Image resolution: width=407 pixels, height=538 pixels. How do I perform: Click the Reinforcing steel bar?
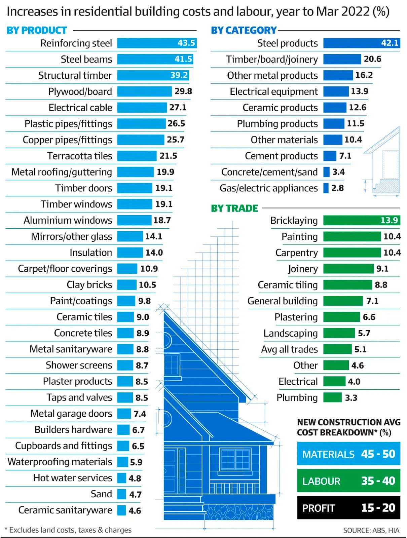pyautogui.click(x=156, y=43)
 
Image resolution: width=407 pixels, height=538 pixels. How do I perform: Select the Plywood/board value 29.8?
pyautogui.click(x=183, y=91)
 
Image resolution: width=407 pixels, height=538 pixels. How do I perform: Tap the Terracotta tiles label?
pyautogui.click(x=79, y=156)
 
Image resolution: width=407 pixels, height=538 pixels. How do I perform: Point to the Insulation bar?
pyautogui.click(x=130, y=253)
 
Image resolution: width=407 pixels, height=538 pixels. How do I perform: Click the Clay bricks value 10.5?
pyautogui.click(x=147, y=285)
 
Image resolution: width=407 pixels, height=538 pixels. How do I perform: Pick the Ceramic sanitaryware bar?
pyautogui.click(x=121, y=510)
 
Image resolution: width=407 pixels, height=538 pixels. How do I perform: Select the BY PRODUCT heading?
pyautogui.click(x=37, y=30)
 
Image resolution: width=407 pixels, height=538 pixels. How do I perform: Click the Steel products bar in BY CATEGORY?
pyautogui.click(x=362, y=43)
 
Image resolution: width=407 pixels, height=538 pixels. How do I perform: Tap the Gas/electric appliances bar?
pyautogui.click(x=326, y=188)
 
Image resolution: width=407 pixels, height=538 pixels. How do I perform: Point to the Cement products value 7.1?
pyautogui.click(x=345, y=156)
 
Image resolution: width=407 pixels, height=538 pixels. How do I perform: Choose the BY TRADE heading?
pyautogui.click(x=234, y=208)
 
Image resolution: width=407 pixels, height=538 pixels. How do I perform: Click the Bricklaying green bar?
pyautogui.click(x=361, y=220)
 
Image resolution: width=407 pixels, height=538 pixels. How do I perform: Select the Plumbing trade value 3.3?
pyautogui.click(x=351, y=398)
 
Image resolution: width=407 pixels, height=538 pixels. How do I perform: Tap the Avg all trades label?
pyautogui.click(x=289, y=349)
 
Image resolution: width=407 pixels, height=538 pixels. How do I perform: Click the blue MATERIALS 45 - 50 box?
pyautogui.click(x=348, y=454)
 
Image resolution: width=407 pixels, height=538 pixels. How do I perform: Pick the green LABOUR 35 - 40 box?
pyautogui.click(x=348, y=481)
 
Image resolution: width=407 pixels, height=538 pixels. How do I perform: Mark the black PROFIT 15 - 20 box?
pyautogui.click(x=348, y=507)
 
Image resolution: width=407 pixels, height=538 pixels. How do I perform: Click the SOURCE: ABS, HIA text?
pyautogui.click(x=371, y=530)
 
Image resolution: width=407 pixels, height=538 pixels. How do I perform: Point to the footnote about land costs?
pyautogui.click(x=68, y=530)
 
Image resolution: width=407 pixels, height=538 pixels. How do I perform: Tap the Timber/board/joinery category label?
pyautogui.click(x=272, y=60)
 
